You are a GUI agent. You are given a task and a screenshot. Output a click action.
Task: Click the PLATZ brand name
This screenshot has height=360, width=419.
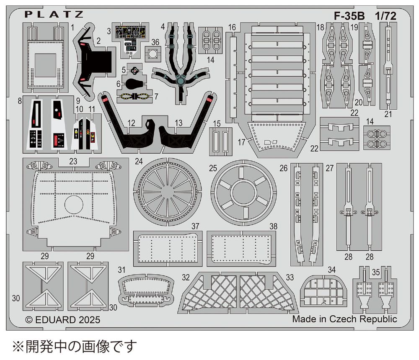54,14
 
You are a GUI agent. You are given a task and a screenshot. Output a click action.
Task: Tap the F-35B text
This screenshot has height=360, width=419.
349,15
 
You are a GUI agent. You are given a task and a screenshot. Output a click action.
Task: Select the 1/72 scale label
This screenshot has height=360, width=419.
386,15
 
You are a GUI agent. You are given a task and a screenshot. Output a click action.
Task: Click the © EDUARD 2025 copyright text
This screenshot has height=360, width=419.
63,320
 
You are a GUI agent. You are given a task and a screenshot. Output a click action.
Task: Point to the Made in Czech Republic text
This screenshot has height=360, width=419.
344,319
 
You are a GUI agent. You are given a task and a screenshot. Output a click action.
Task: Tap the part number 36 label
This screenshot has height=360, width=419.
155,42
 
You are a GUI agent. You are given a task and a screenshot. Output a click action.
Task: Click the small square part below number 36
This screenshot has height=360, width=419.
154,55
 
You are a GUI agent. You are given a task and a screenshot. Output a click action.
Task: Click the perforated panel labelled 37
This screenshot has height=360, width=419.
168,248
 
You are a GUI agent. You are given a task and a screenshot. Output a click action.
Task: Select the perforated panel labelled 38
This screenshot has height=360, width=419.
241,248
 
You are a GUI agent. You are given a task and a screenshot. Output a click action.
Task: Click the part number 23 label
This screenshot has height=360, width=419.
73,161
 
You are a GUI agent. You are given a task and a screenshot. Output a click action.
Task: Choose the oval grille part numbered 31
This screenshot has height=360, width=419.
146,290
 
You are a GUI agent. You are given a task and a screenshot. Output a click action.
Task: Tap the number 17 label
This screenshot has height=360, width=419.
242,142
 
